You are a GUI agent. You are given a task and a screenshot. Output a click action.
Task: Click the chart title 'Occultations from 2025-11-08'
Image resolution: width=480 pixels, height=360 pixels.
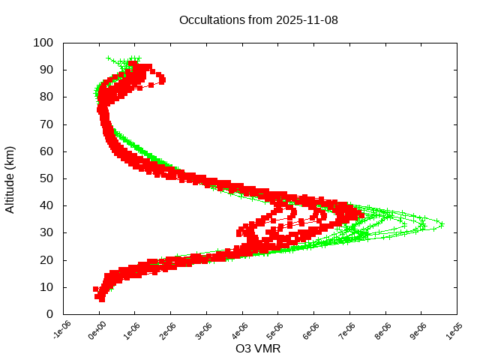tap(259, 19)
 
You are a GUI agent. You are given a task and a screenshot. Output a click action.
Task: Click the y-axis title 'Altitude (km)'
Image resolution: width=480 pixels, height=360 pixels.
tap(10, 178)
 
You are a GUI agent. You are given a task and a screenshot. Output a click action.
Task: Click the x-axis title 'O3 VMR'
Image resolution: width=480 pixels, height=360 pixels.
tap(258, 348)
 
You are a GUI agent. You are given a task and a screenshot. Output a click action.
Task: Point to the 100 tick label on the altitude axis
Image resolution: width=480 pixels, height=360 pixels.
tap(43, 43)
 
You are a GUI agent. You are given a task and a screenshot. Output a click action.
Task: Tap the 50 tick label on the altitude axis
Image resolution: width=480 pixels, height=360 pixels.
tap(46, 178)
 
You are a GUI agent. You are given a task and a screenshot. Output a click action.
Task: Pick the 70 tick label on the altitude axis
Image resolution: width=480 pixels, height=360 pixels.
tap(46, 124)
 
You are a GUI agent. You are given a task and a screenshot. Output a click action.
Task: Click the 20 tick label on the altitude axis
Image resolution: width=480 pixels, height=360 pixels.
tap(46, 259)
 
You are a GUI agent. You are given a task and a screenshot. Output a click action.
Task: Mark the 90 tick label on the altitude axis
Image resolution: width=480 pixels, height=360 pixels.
tap(46, 70)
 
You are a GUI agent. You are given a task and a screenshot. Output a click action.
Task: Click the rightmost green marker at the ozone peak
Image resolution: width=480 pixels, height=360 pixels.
tap(441, 224)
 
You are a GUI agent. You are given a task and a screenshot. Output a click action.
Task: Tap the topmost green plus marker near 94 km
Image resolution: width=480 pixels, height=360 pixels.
tap(109, 58)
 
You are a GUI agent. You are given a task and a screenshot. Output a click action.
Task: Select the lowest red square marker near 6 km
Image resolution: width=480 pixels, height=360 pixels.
tap(102, 298)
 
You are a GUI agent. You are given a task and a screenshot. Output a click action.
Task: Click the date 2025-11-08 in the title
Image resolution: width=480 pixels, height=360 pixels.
tap(307, 19)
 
